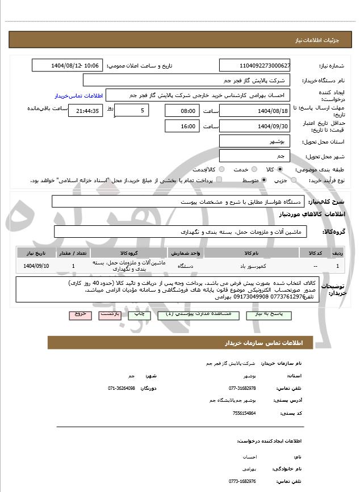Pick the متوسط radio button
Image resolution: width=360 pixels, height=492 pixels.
click(x=264, y=180)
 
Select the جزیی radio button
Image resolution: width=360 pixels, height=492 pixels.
click(x=293, y=180)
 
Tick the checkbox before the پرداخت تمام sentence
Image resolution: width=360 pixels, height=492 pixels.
click(x=219, y=180)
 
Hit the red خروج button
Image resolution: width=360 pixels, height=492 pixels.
click(x=79, y=314)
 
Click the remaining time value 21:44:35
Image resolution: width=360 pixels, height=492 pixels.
click(x=86, y=111)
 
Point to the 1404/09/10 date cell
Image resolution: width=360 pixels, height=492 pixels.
click(x=37, y=266)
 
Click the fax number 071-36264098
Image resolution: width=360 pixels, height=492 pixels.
click(x=122, y=388)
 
